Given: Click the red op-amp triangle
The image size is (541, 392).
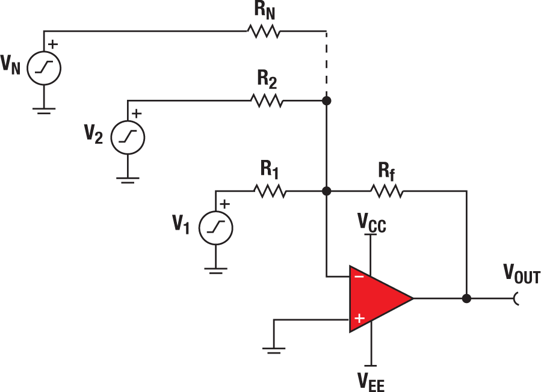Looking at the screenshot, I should (x=376, y=298).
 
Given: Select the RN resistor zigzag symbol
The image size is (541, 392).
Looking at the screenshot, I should (x=263, y=31).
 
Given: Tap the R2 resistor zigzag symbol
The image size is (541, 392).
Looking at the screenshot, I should (x=267, y=100).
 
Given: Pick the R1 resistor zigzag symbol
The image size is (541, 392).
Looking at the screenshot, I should (x=271, y=192).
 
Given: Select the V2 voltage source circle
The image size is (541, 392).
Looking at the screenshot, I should (x=128, y=136).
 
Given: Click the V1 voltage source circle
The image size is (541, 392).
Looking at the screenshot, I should (x=216, y=228).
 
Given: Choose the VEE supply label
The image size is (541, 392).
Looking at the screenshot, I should (x=372, y=380).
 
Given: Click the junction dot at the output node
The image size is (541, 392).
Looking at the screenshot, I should (x=466, y=298).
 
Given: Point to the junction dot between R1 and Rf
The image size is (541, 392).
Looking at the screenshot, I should (x=326, y=192).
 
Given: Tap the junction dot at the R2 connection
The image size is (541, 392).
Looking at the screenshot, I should (x=326, y=100).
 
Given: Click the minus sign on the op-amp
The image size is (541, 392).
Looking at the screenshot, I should (x=359, y=277).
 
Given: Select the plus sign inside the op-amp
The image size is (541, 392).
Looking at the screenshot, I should (x=359, y=319).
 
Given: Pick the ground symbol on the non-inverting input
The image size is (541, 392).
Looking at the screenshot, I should (x=274, y=349).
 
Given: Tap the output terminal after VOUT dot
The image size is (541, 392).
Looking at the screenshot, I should (x=516, y=298).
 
